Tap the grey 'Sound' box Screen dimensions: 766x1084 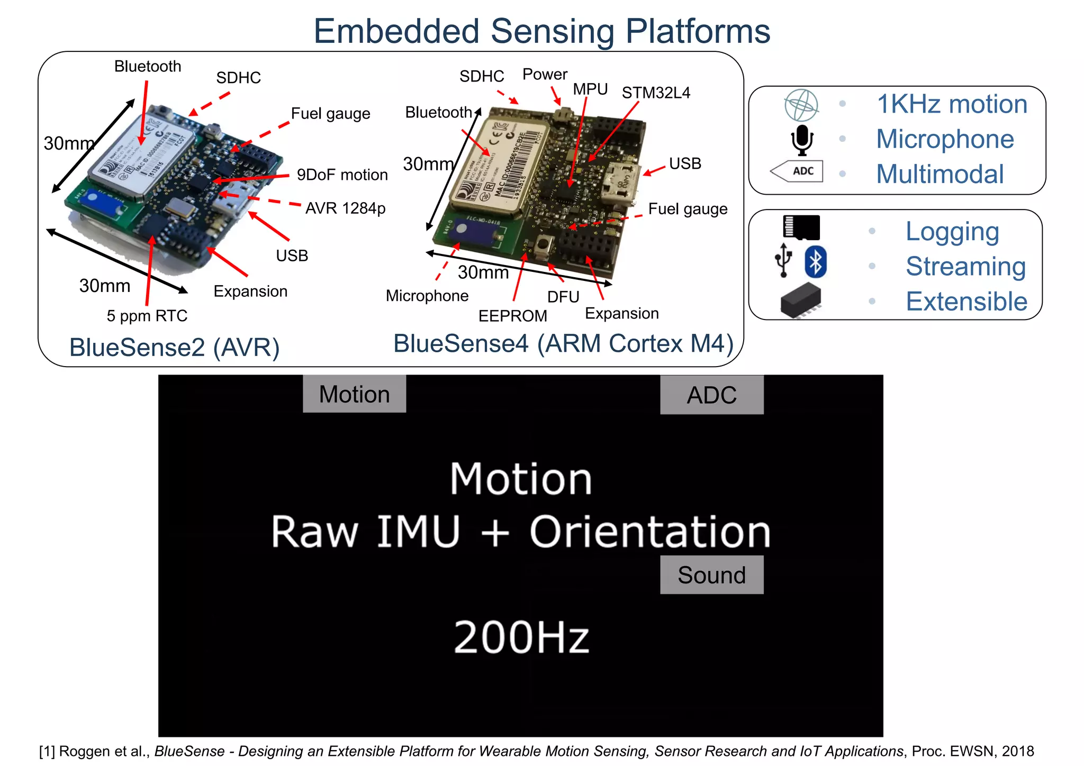click(711, 575)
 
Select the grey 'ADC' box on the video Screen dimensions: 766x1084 click(711, 395)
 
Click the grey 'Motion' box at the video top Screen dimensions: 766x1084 click(354, 394)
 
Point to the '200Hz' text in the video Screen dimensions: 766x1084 click(521, 637)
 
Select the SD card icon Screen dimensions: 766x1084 click(801, 227)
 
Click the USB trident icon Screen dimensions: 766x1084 click(783, 260)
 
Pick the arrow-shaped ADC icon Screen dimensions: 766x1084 click(797, 171)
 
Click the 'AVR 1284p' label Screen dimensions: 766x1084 click(345, 208)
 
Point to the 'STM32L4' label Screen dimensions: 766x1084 click(656, 93)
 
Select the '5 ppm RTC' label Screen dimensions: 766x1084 click(147, 316)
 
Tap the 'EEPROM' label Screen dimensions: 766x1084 click(512, 316)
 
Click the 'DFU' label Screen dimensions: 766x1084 click(563, 297)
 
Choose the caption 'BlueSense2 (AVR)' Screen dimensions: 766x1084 click(174, 348)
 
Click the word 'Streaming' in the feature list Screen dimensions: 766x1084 click(965, 266)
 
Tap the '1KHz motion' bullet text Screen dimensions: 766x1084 click(952, 104)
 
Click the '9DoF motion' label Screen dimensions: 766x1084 click(342, 175)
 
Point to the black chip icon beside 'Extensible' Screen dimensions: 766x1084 click(801, 300)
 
